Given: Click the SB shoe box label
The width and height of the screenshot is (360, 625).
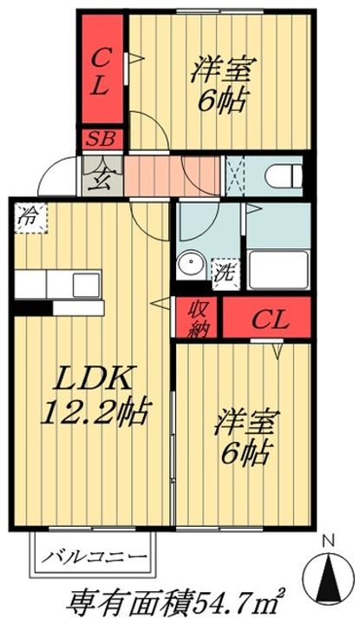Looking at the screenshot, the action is (x=101, y=139).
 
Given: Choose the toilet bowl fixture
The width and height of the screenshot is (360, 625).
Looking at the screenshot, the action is (x=285, y=175).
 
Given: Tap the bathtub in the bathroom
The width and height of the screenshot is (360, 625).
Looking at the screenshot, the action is (x=278, y=269).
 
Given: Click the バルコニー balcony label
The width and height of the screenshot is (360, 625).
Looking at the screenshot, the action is (x=95, y=556).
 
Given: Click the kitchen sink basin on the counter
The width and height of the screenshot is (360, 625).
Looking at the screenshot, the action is (x=86, y=285).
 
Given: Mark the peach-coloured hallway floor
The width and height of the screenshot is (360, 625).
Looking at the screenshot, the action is (x=172, y=175).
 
